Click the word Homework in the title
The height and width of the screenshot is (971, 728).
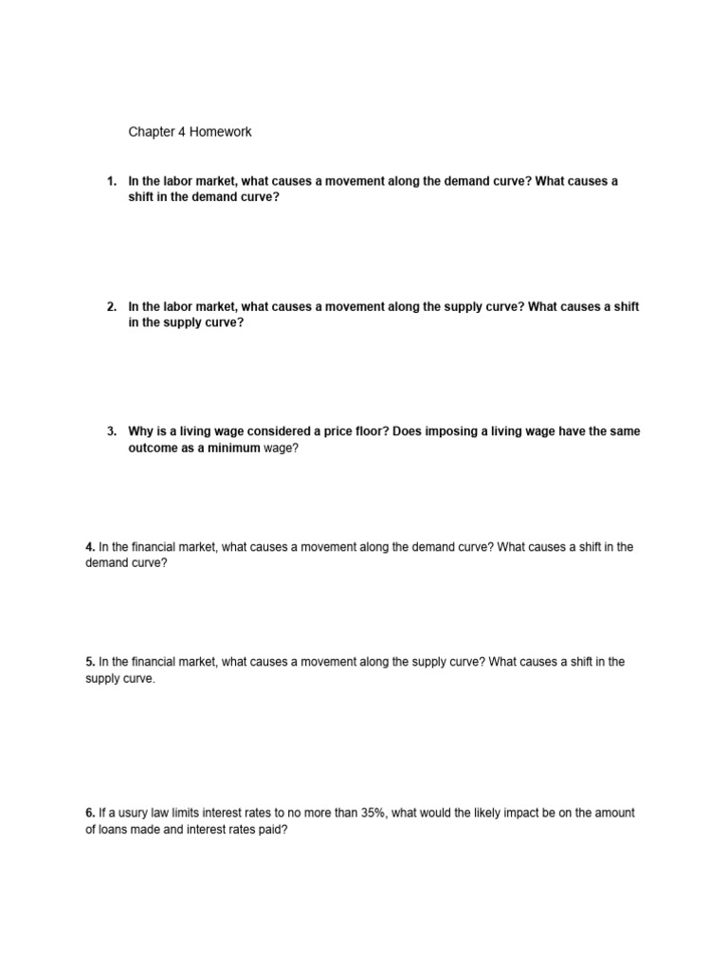click(x=220, y=133)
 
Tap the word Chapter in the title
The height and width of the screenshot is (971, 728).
click(x=152, y=133)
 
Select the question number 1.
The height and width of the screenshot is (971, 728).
click(x=111, y=181)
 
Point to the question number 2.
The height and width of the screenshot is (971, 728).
click(x=111, y=307)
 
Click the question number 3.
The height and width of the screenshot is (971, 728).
click(x=111, y=431)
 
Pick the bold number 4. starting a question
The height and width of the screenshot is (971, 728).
click(x=90, y=547)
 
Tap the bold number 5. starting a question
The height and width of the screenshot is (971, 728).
click(x=90, y=662)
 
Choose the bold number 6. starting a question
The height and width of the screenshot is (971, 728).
click(x=90, y=813)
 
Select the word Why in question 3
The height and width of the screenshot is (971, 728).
click(x=142, y=431)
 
